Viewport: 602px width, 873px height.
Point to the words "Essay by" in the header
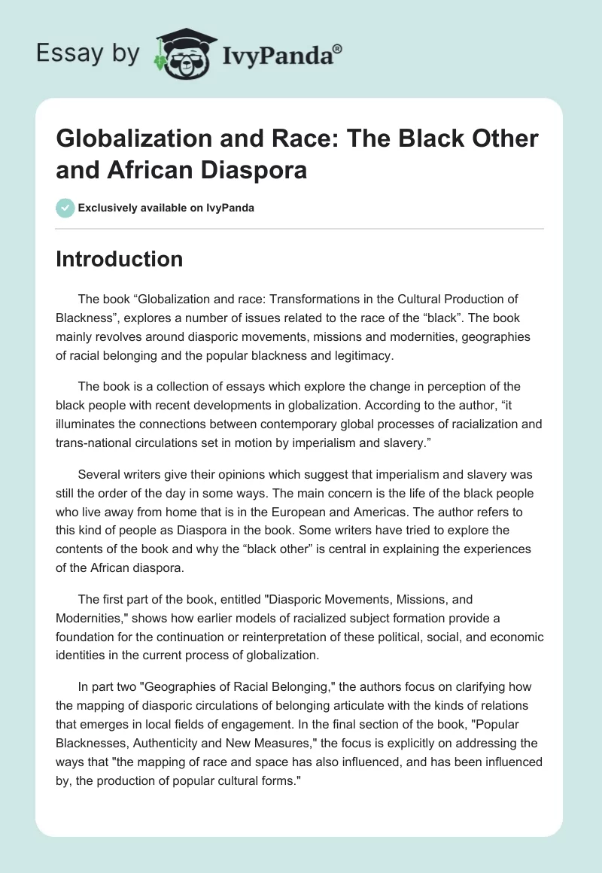click(x=88, y=53)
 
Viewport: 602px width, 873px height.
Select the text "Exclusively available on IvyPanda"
click(x=166, y=208)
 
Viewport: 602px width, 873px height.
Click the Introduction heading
click(x=120, y=260)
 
